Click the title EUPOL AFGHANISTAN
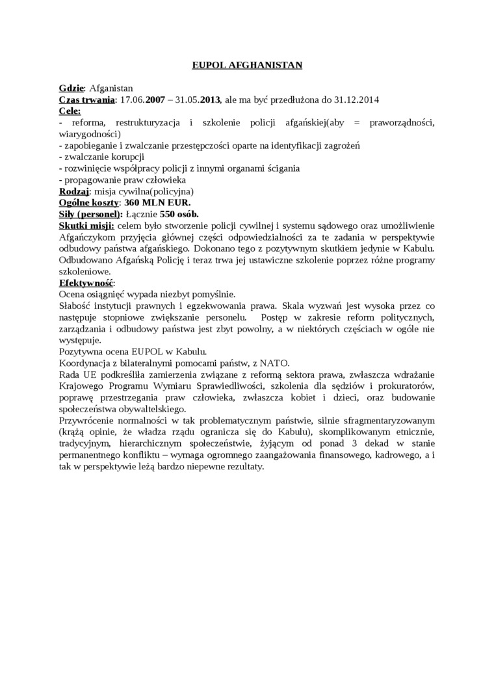click(247, 65)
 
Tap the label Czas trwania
click(86, 100)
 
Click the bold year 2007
click(155, 100)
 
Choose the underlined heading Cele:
click(70, 111)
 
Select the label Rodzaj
click(73, 191)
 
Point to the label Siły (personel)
click(90, 214)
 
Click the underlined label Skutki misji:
click(86, 226)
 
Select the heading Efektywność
click(86, 283)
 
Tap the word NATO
click(275, 363)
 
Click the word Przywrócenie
click(88, 420)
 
